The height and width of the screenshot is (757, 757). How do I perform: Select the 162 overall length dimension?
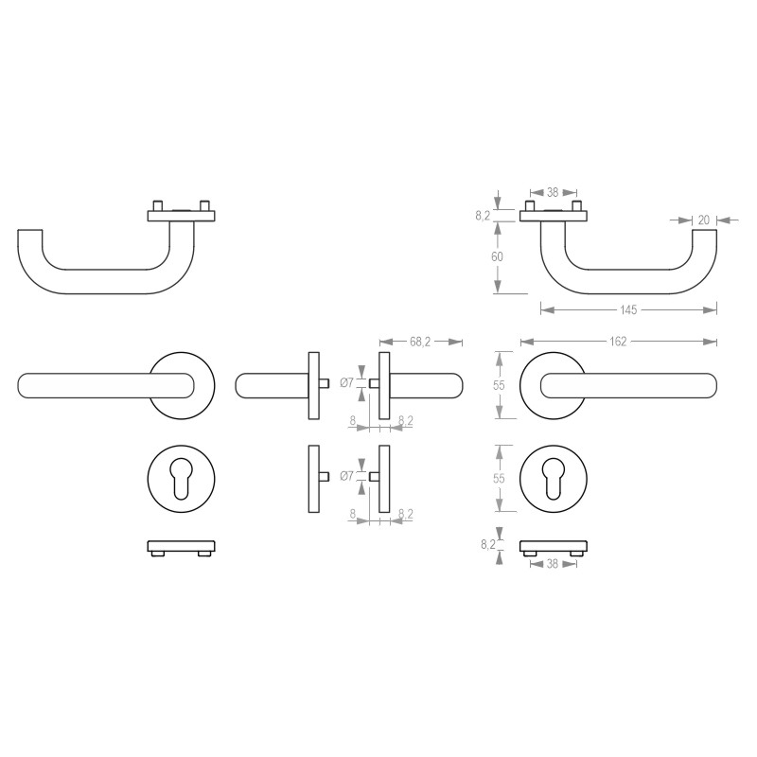(618, 342)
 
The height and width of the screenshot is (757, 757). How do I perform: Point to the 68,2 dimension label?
(420, 342)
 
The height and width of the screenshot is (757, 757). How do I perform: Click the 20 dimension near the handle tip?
(703, 220)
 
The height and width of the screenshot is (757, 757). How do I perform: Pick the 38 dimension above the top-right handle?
(553, 189)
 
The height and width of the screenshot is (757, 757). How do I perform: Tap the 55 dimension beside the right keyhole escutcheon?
(498, 478)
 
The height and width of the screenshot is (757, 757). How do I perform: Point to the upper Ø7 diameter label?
(346, 383)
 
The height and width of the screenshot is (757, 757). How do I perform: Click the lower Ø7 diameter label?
(346, 477)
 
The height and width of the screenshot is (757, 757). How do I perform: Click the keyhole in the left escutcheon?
(181, 478)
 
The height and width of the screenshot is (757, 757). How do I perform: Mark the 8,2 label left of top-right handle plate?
(483, 216)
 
